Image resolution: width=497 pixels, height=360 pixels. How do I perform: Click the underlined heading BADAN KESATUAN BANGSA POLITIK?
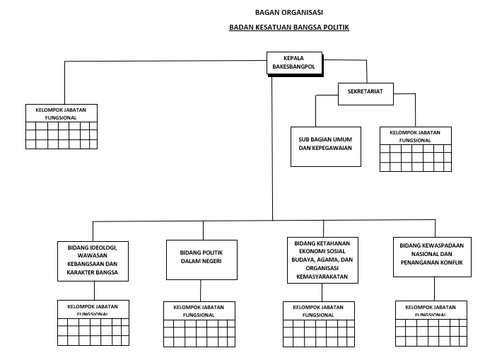pos(289,28)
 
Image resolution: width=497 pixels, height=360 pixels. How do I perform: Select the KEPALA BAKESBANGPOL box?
pos(294,63)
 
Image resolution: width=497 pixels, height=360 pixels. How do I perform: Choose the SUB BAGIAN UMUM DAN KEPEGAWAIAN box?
pos(325,146)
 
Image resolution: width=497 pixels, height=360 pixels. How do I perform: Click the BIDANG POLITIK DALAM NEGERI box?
pos(201,260)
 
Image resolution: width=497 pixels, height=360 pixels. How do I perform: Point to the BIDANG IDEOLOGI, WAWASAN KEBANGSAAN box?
pos(93,260)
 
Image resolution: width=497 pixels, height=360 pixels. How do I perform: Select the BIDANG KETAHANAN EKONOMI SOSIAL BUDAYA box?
pos(322,260)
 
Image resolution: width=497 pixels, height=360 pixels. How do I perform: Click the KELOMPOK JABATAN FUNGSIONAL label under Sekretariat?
pos(415,136)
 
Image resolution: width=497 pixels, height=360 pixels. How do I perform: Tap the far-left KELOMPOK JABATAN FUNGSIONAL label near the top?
pos(61,114)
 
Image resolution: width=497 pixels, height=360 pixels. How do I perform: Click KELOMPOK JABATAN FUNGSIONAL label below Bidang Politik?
pos(199,310)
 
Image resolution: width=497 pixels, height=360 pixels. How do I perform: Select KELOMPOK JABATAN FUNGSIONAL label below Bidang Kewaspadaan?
pos(431,310)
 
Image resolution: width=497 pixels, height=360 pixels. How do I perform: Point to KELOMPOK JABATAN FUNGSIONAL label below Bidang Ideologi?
pos(93,309)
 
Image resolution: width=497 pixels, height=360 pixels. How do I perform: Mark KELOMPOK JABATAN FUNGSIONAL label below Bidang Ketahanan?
pos(318,310)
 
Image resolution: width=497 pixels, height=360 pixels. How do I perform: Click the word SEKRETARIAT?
pos(365,92)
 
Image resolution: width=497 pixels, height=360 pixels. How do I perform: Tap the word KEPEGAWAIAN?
pos(325,149)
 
